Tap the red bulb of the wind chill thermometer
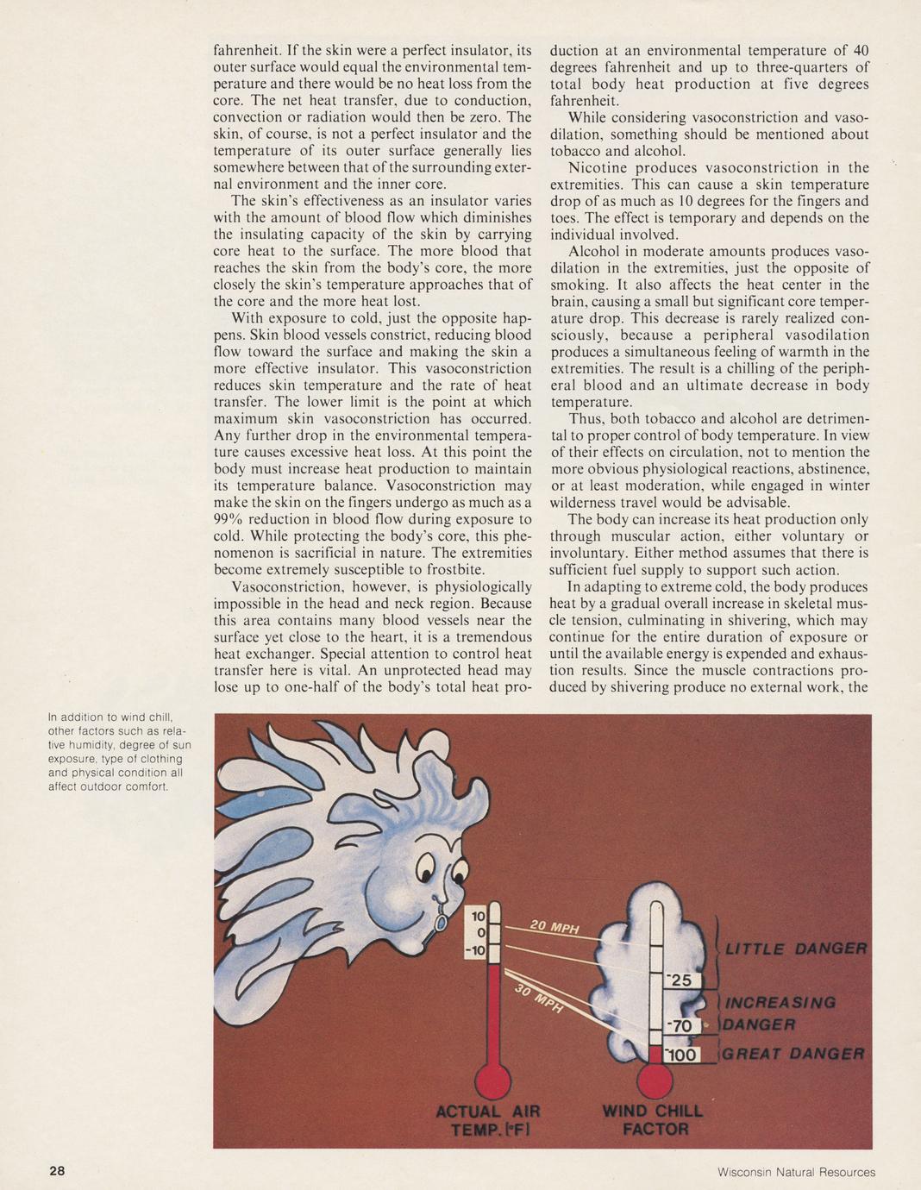click(x=655, y=1078)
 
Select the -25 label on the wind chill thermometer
click(x=681, y=980)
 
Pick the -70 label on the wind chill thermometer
click(x=681, y=1025)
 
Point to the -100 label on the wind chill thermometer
click(x=683, y=1055)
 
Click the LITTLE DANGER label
click(x=795, y=949)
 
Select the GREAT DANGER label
click(x=793, y=1054)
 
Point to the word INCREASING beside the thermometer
click(x=780, y=1002)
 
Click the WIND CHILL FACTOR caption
click(x=653, y=1119)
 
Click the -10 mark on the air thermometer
click(x=475, y=950)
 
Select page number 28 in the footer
click(x=57, y=1171)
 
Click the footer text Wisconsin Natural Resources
click(x=796, y=1172)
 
